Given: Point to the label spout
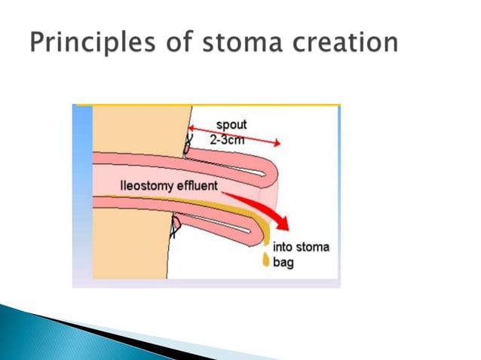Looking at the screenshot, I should coord(231,124).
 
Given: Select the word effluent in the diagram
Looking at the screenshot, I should coord(198,185).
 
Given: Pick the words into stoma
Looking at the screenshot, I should coord(300,247).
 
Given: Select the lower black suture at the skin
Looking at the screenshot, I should coord(175,226).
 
